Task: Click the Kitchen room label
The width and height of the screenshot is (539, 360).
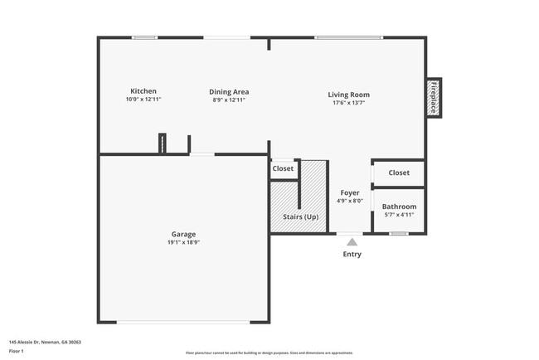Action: coord(143,91)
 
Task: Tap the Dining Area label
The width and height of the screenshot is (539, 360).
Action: coord(229,92)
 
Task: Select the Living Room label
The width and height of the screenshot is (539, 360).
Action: coord(349,95)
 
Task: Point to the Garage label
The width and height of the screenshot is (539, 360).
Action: coord(184,234)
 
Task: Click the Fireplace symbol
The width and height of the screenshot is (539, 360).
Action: coord(433,98)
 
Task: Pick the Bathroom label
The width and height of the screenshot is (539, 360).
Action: coord(399,207)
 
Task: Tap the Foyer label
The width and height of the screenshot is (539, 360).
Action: coord(350,192)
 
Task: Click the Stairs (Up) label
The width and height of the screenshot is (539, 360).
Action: coord(300,216)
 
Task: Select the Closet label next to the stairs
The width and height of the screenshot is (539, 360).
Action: coord(283,168)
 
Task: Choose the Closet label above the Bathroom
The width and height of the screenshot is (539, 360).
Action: coord(399,173)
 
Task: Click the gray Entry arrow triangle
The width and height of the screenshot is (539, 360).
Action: coord(352,242)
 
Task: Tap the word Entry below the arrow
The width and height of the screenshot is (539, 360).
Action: coord(352,255)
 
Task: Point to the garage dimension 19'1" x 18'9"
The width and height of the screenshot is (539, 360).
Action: coord(184,242)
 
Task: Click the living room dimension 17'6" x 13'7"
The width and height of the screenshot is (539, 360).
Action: coord(349,103)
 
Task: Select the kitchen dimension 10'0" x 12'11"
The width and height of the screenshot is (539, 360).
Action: coord(143,100)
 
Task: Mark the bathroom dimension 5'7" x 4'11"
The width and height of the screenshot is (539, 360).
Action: coord(399,215)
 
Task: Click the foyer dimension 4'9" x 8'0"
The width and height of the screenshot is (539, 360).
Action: coord(350,201)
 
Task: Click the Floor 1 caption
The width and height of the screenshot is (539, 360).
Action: coord(17,352)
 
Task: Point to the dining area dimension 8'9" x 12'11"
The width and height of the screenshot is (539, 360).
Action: coord(229,100)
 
